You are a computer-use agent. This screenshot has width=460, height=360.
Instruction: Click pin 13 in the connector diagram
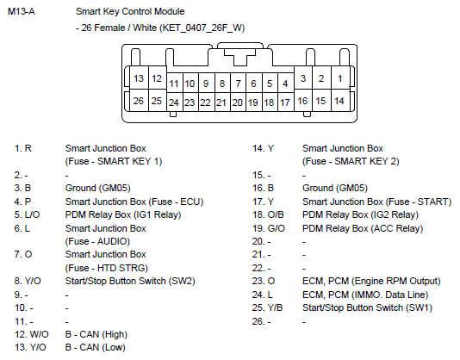coord(139,78)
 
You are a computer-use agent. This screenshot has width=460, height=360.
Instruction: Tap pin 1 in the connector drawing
coord(340,78)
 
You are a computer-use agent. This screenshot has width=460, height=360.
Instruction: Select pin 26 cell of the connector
coord(139,101)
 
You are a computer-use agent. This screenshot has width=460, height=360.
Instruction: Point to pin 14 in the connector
coord(339,101)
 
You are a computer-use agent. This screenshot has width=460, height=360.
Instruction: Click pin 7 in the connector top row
coord(238,84)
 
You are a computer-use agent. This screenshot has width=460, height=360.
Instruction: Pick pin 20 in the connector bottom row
coord(238,102)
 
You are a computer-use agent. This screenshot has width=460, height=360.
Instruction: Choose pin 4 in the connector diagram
coord(285,84)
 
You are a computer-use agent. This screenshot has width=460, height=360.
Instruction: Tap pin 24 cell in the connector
coord(174,102)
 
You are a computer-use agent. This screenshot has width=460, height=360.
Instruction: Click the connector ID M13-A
coord(22,11)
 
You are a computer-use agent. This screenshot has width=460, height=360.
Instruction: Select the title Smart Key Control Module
coord(130,11)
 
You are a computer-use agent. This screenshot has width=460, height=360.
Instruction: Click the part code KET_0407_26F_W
coord(202,28)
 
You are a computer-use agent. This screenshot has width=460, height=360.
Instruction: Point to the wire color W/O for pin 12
coord(39,334)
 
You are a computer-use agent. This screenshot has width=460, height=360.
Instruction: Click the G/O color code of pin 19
coord(276,228)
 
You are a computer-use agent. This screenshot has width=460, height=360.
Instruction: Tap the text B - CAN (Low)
coord(96,347)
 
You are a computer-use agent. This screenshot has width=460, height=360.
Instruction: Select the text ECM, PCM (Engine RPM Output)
coord(371,281)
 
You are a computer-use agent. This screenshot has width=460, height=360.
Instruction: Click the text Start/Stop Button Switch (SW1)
coord(367,307)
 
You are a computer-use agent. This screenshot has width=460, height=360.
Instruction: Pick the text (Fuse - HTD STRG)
coord(107,268)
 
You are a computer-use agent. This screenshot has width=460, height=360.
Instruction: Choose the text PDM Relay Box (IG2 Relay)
coord(360,214)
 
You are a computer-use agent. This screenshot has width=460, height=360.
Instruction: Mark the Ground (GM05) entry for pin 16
coord(335,188)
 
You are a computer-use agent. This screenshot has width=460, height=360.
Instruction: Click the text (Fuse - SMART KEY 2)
coord(351,161)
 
